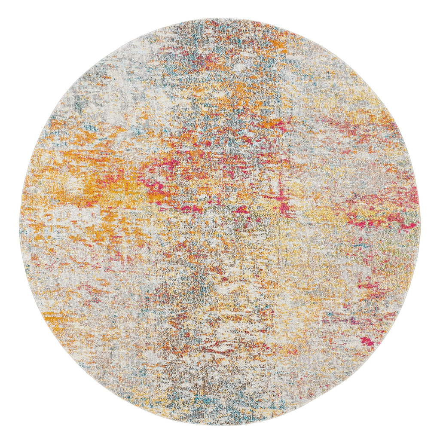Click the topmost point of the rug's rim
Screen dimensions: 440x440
pyautogui.click(x=220, y=18)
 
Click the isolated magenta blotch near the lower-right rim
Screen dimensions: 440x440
pyautogui.click(x=368, y=341)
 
